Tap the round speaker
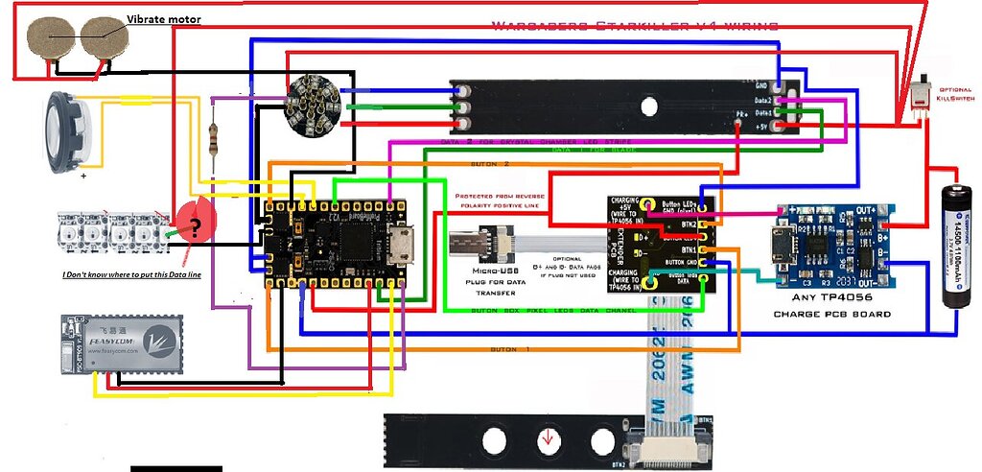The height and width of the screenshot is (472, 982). (x=66, y=132)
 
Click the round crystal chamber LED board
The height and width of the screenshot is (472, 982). (x=315, y=102)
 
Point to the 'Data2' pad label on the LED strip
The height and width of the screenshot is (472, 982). (x=762, y=100)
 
